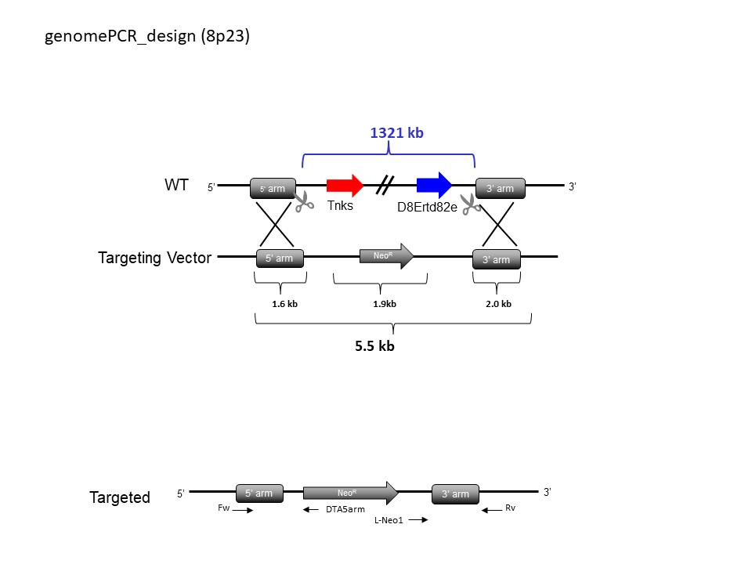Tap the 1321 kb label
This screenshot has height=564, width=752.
click(396, 133)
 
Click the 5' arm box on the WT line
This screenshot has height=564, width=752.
click(273, 189)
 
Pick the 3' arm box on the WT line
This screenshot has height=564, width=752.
click(501, 189)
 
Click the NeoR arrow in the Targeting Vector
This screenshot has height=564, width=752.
click(386, 256)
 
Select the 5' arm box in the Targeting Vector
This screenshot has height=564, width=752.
click(280, 258)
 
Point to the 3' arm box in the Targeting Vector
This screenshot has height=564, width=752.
click(497, 259)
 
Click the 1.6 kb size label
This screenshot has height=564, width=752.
click(284, 304)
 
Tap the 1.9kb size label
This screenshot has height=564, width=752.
click(385, 304)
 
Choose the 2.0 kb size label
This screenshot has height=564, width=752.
click(498, 304)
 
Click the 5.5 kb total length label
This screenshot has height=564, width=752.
click(374, 345)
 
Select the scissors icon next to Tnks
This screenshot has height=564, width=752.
click(304, 201)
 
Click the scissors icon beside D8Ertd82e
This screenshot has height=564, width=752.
click(471, 204)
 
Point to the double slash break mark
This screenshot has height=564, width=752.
click(385, 185)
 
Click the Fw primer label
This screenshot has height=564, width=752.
click(223, 508)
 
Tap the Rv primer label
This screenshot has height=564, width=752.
click(510, 508)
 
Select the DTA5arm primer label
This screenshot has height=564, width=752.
click(345, 509)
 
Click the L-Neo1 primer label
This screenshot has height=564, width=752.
click(389, 520)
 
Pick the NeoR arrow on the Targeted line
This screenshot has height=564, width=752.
click(351, 493)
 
